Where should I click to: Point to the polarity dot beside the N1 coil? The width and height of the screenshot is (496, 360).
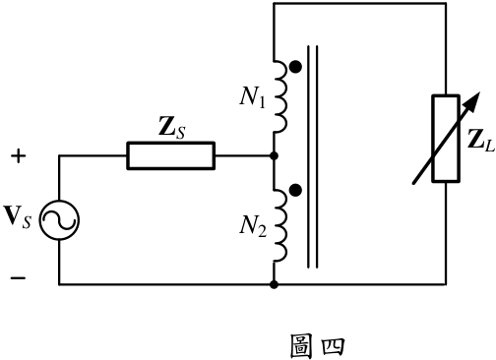(295, 67)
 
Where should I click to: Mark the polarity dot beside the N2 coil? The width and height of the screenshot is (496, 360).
(295, 190)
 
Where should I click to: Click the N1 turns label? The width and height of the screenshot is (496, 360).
(252, 98)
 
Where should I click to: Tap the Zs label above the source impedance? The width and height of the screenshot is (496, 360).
(171, 128)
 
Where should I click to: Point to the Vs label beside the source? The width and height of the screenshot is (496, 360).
(18, 217)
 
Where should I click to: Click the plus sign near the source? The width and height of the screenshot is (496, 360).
(19, 156)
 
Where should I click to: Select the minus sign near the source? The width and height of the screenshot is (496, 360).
(18, 278)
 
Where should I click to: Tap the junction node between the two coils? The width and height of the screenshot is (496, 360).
(274, 156)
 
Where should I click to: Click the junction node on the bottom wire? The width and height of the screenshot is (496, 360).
(274, 284)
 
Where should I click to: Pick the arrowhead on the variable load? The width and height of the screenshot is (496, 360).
(473, 102)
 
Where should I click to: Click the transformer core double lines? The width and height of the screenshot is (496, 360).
(312, 156)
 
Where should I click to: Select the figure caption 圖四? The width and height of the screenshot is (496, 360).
(318, 346)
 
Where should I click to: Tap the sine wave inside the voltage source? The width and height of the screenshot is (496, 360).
(59, 220)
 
